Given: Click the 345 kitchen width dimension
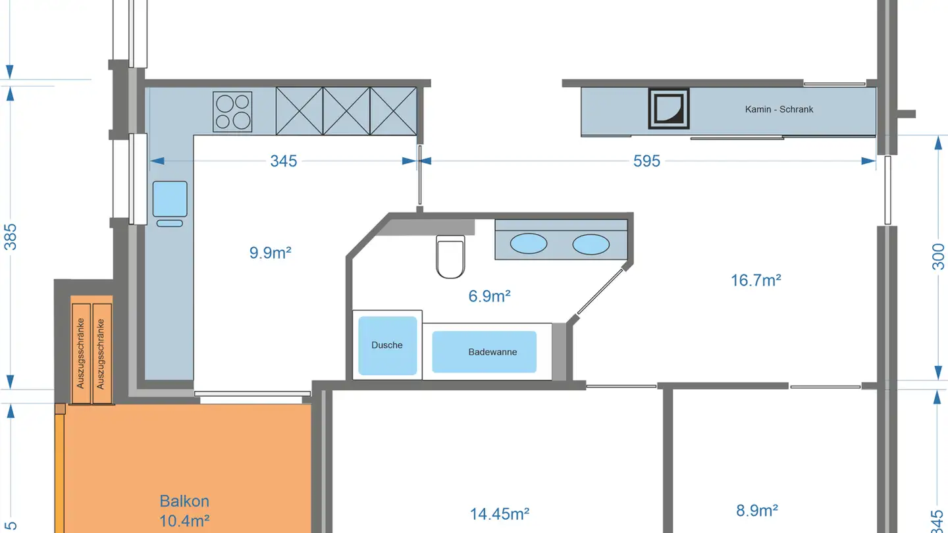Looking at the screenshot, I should click(x=284, y=161).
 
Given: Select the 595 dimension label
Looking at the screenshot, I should click(x=646, y=161).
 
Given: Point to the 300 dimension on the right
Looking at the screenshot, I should click(x=938, y=257).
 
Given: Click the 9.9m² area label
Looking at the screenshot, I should click(x=270, y=253).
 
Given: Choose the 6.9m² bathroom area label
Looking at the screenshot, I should click(x=490, y=296).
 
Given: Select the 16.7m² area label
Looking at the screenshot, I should click(x=756, y=280).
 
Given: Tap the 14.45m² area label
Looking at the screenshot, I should click(x=500, y=513).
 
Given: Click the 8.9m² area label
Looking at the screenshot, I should click(x=757, y=510).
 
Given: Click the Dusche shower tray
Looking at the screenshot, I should click(x=387, y=345).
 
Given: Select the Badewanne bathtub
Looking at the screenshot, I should click(x=484, y=352).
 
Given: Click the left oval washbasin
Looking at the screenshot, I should click(x=529, y=244).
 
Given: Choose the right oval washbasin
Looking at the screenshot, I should click(x=591, y=244).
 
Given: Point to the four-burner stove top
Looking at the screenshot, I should click(x=232, y=111).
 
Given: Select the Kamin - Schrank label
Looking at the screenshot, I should click(x=779, y=109).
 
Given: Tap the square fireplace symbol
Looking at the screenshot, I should click(x=669, y=108).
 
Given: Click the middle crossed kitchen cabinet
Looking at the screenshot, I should click(x=346, y=111).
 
